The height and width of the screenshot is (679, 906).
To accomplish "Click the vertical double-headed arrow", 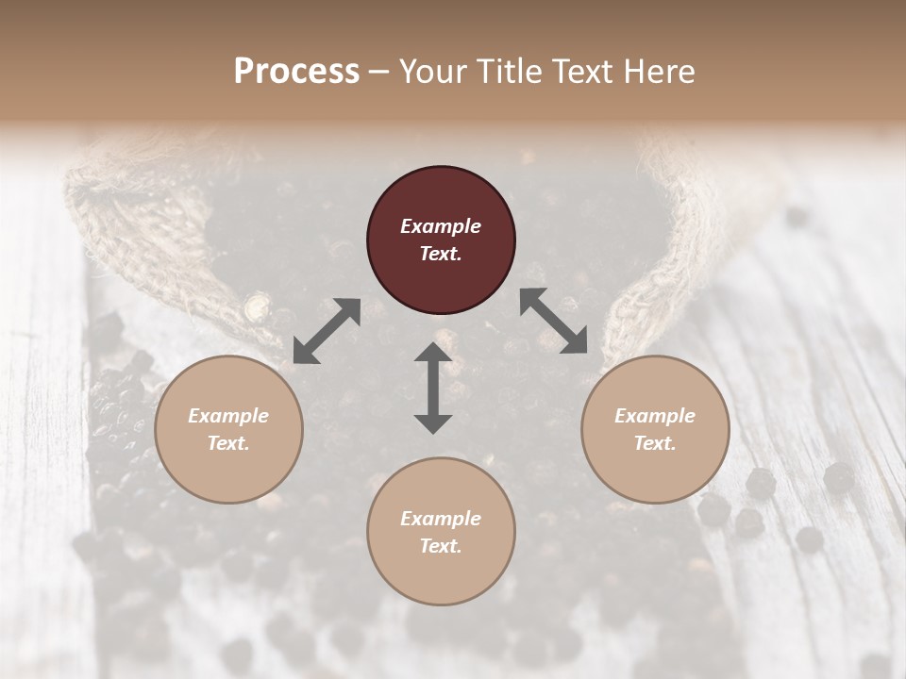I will [433, 388].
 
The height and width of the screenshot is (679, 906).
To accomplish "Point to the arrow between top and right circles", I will [554, 321].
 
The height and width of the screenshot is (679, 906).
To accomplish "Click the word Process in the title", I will [296, 71].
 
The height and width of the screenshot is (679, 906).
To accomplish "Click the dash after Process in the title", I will [378, 72].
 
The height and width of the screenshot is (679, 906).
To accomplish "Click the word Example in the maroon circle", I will [441, 226].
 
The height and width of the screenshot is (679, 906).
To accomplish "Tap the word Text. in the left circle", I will [228, 443].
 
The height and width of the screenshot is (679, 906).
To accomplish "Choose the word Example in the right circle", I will [655, 416].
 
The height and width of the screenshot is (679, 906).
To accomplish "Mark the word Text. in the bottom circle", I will [441, 546].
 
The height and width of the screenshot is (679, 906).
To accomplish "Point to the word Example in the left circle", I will [228, 416].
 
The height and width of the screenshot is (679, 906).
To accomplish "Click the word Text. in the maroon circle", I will [441, 254].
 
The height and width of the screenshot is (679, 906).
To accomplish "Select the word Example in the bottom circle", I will [441, 519].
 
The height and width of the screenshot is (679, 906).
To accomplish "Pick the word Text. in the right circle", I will [655, 443].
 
